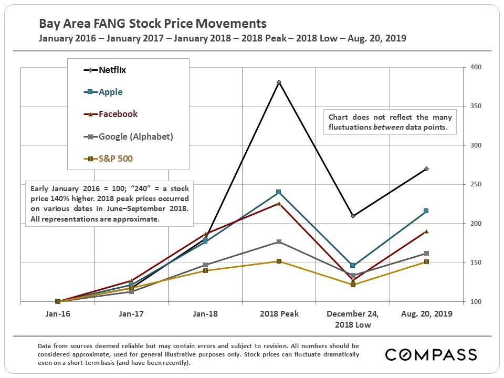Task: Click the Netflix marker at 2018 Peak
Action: (279, 82)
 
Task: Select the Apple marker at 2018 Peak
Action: (279, 192)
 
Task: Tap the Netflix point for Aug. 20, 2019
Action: (426, 169)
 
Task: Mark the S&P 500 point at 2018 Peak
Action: (279, 261)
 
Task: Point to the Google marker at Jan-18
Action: (205, 265)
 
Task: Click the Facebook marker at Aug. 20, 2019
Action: (426, 231)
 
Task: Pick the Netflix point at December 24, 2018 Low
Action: (353, 216)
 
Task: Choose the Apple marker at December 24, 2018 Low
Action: (353, 266)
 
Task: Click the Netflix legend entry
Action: (112, 70)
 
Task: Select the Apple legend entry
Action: (110, 92)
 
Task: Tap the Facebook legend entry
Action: (118, 114)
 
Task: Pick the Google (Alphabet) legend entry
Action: (135, 136)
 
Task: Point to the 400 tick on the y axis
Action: (476, 67)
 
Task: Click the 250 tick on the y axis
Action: (476, 184)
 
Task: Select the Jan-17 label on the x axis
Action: (131, 314)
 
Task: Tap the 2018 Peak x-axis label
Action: (279, 314)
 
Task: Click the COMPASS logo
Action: (430, 355)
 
